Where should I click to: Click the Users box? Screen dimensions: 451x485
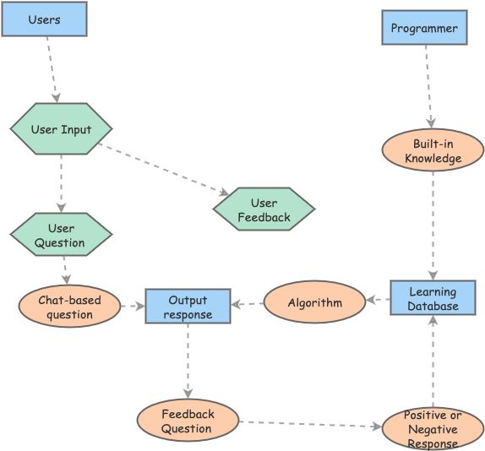tap(44, 19)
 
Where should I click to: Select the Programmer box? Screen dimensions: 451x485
tap(424, 28)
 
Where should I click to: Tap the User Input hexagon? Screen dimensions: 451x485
tap(61, 129)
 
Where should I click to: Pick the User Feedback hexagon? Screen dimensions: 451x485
tap(264, 209)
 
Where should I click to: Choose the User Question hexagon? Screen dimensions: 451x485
tap(61, 235)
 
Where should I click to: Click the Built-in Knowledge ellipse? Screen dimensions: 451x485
tap(433, 150)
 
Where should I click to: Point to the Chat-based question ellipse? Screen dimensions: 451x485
tap(69, 307)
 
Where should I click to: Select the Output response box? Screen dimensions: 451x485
tap(188, 306)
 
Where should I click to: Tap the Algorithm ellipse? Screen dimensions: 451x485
tap(314, 302)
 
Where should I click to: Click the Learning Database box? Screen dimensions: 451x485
tap(433, 298)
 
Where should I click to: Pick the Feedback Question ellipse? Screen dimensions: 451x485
tap(188, 421)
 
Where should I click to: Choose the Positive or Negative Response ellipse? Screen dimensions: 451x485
tap(433, 428)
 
